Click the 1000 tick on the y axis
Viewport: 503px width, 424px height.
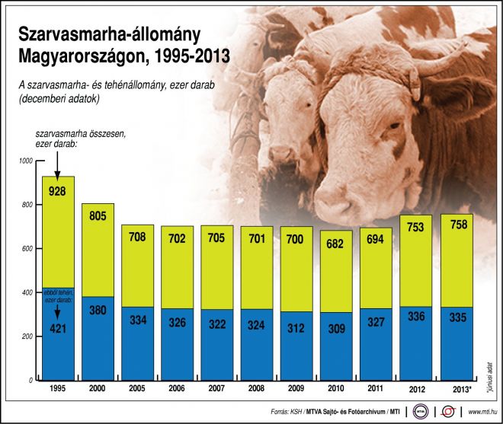[27, 161]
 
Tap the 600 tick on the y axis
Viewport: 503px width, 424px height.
[29, 249]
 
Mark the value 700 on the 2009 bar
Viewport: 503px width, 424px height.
[296, 239]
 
